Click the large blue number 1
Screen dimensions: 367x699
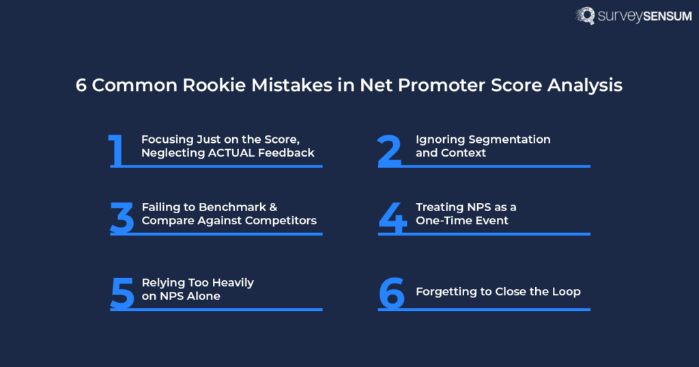pyautogui.click(x=117, y=151)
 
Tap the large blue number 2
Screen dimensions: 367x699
pyautogui.click(x=390, y=151)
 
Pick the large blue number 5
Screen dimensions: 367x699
pyautogui.click(x=122, y=293)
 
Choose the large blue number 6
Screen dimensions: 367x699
pyautogui.click(x=392, y=293)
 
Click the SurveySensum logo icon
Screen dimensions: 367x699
pyautogui.click(x=585, y=16)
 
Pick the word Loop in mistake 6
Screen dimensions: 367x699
pyautogui.click(x=566, y=292)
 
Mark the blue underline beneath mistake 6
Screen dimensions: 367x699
pyautogui.click(x=484, y=310)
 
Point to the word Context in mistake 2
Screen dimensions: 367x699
pyautogui.click(x=463, y=153)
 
